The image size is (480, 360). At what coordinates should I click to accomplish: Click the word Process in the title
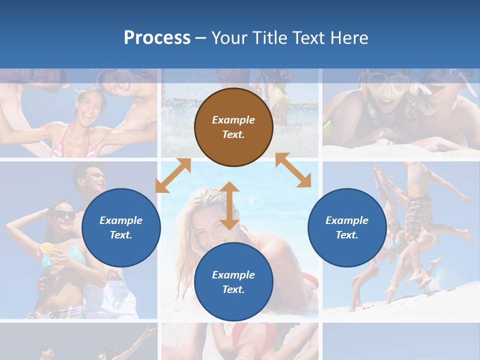[157, 38]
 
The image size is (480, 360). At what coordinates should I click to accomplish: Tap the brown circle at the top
[233, 127]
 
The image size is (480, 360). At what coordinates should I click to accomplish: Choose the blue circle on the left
[121, 227]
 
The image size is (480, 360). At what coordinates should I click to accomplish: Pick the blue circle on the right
[347, 227]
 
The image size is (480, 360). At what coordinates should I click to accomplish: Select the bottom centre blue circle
[233, 282]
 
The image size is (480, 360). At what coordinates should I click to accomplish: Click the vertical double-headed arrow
[229, 205]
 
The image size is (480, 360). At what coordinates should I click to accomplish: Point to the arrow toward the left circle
[173, 175]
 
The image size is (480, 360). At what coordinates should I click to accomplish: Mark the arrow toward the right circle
[293, 170]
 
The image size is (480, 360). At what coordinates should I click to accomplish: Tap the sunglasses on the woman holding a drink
[64, 215]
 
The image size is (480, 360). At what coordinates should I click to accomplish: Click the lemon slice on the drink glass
[46, 247]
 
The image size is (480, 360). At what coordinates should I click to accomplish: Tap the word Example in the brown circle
[233, 120]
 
